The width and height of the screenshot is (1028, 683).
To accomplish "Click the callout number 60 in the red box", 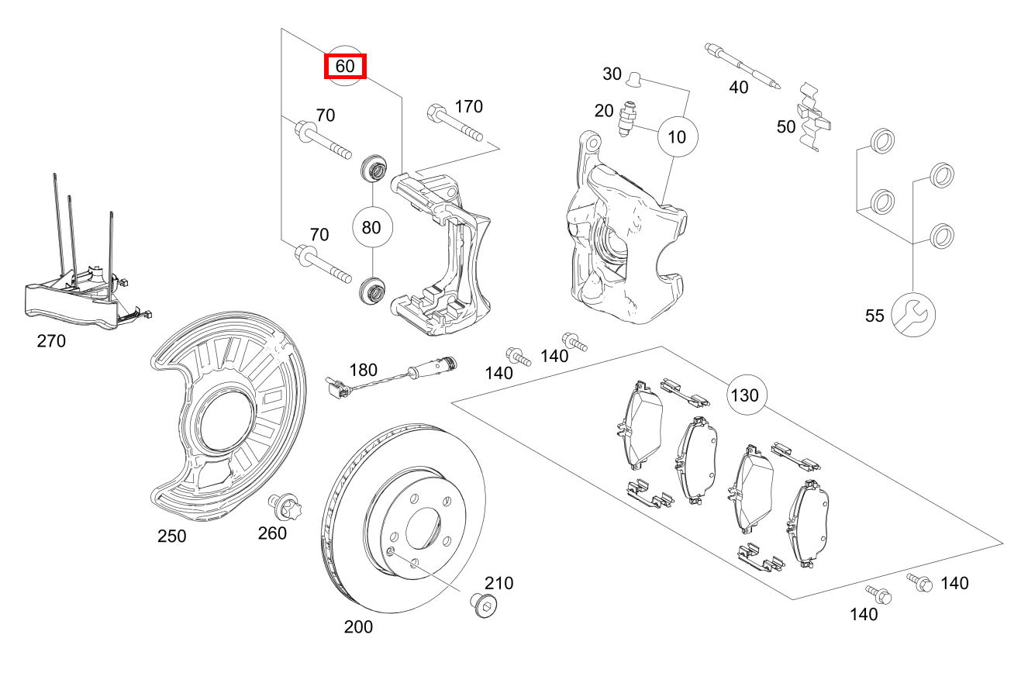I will [344, 67].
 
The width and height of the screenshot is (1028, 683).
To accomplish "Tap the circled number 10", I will [677, 137].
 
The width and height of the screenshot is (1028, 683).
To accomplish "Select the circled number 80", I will [372, 228].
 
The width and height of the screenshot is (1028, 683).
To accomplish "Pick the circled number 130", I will [746, 395].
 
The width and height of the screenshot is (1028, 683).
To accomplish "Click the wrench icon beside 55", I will [913, 314].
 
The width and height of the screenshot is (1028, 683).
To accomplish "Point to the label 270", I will [51, 340].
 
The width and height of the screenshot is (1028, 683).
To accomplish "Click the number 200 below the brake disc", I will [358, 627].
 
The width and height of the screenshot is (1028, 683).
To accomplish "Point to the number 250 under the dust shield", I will [171, 536].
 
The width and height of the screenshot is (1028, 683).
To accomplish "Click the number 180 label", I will [363, 369].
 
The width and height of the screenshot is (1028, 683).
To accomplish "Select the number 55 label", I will [874, 316].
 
